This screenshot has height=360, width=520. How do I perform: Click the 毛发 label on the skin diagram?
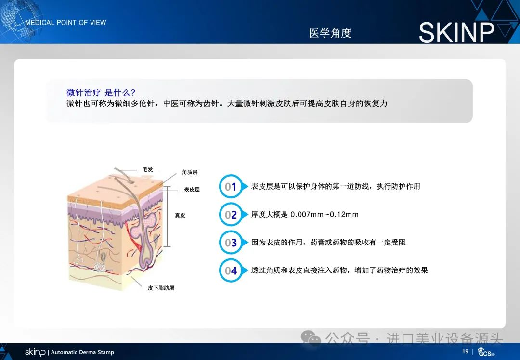click(148, 169)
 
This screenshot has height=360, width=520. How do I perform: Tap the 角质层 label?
click(190, 172)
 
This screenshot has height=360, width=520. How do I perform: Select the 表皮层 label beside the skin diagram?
click(192, 189)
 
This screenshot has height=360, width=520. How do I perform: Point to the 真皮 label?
click(180, 215)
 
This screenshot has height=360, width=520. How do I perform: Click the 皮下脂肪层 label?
click(161, 288)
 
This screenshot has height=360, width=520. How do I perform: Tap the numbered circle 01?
click(231, 186)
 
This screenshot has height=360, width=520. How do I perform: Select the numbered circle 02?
click(231, 215)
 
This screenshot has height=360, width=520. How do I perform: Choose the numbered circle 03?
click(231, 242)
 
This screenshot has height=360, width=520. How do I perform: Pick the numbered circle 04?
click(231, 270)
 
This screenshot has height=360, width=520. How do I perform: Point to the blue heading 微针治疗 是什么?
click(101, 92)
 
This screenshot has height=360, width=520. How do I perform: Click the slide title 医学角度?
click(330, 33)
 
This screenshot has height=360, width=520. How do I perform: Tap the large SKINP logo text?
click(456, 32)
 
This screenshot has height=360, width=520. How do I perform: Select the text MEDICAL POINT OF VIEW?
click(65, 23)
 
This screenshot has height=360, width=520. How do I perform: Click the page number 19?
click(465, 351)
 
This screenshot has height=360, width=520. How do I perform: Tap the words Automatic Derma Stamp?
click(82, 352)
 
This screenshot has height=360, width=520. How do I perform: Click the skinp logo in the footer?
click(35, 352)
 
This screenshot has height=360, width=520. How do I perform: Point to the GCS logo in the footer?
click(486, 352)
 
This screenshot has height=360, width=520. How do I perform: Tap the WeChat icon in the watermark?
click(311, 338)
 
